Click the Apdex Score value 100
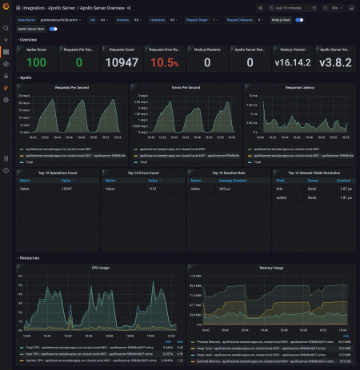point(36,62)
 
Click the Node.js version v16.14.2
point(294,62)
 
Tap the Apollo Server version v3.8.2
point(335,62)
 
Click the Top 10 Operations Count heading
point(58,172)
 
